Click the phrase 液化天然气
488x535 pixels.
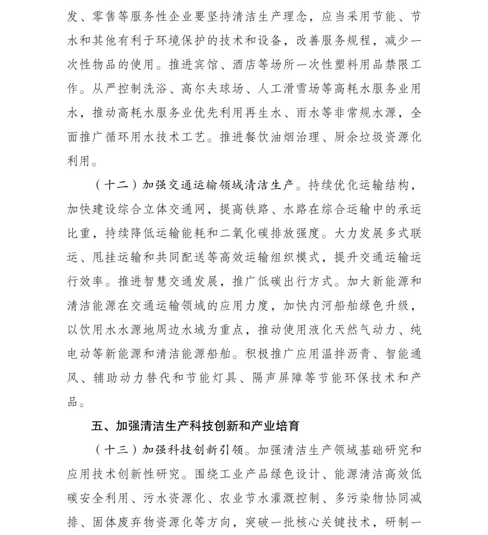tap(333, 330)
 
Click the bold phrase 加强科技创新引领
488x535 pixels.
tap(193, 450)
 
